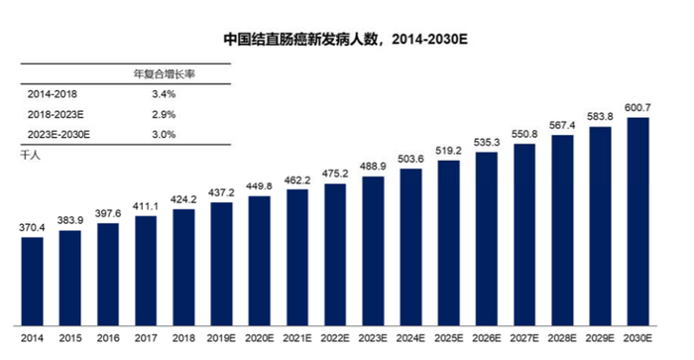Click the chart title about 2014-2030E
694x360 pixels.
tap(344, 41)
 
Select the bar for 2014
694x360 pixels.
tap(32, 281)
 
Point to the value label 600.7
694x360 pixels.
tap(638, 107)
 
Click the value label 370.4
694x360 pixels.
tap(33, 227)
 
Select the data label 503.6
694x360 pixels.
tap(411, 158)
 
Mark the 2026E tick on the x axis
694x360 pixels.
tap(487, 338)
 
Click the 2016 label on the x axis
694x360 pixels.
tap(107, 338)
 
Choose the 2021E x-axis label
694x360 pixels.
tap(297, 338)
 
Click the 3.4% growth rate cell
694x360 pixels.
tap(164, 94)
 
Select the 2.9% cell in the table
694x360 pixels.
tap(164, 114)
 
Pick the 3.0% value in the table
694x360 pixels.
tap(164, 134)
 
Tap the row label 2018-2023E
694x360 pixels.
tap(58, 114)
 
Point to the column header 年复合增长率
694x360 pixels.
tap(164, 74)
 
